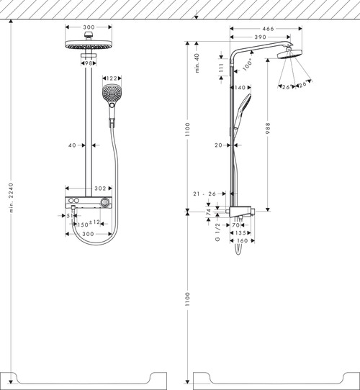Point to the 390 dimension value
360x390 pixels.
coord(261,36)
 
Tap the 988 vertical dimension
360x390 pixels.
coord(268,127)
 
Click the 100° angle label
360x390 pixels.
coord(249,63)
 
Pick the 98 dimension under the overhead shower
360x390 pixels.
coord(89,63)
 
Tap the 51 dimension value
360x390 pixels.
coord(70,215)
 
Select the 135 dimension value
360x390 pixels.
coord(240,233)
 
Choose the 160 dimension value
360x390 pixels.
coord(243,241)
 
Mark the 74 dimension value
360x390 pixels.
coord(209,214)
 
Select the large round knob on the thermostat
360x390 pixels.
coord(107,204)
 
